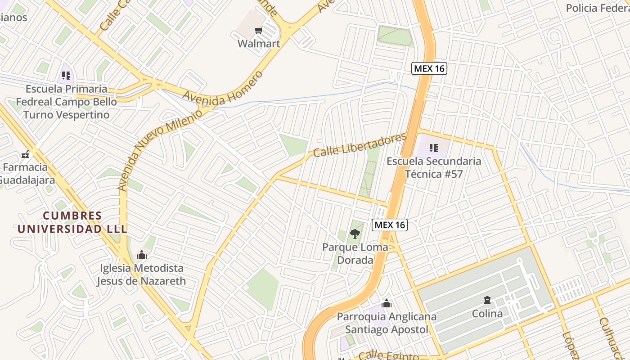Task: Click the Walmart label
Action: pyautogui.click(x=259, y=44)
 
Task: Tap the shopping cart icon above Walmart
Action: pyautogui.click(x=258, y=31)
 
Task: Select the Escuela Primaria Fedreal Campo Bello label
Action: pyautogui.click(x=67, y=102)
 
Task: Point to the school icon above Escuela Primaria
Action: pyautogui.click(x=67, y=75)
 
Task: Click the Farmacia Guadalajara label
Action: pyautogui.click(x=26, y=174)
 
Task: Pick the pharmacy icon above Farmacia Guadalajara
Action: pyautogui.click(x=25, y=154)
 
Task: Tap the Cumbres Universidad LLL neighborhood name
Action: pyautogui.click(x=72, y=222)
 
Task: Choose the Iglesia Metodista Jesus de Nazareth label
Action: pyautogui.click(x=141, y=274)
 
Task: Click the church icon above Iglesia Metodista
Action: pyautogui.click(x=142, y=255)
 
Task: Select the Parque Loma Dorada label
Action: pyautogui.click(x=355, y=253)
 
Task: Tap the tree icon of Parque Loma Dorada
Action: pyautogui.click(x=355, y=234)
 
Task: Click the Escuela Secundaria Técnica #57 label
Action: pyautogui.click(x=434, y=167)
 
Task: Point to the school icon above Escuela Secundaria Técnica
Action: pyautogui.click(x=433, y=148)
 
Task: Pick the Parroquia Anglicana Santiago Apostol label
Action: pyautogui.click(x=387, y=323)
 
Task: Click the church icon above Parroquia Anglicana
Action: pyautogui.click(x=386, y=303)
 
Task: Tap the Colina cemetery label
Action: pyautogui.click(x=487, y=314)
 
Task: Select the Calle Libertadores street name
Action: pyautogui.click(x=360, y=145)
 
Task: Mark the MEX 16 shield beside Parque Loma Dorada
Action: pyautogui.click(x=390, y=225)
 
